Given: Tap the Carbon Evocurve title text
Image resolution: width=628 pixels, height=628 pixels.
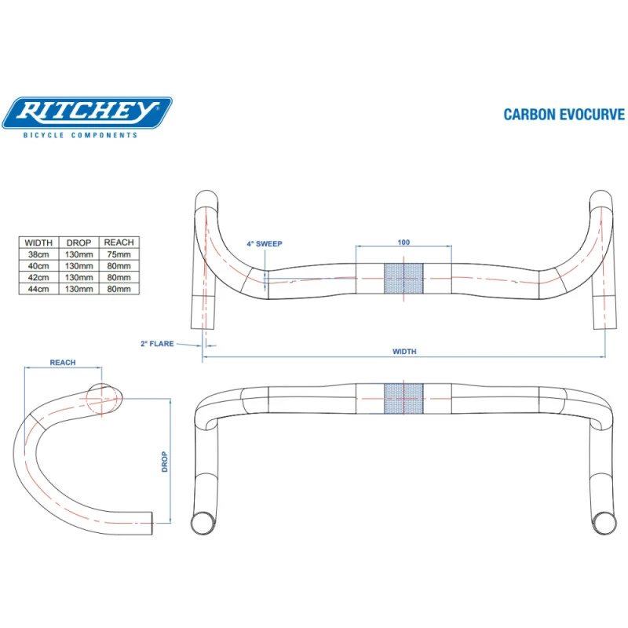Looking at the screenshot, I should [564, 115].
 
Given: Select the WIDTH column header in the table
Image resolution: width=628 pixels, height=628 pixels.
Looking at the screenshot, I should [38, 243].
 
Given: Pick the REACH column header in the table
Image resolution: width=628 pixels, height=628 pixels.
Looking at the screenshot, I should [119, 243].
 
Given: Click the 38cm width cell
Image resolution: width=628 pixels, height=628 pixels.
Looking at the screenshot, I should [38, 254].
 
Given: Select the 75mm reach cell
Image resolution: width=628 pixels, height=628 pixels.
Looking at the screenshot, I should [119, 254].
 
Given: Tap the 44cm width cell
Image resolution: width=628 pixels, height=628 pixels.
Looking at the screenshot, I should [38, 289].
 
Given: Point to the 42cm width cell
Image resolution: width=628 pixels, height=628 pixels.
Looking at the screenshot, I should [38, 277].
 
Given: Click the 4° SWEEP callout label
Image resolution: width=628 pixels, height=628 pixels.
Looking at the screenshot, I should [264, 244].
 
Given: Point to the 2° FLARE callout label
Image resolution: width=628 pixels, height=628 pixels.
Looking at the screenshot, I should [156, 344].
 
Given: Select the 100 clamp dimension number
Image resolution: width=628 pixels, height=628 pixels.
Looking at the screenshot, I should [403, 243].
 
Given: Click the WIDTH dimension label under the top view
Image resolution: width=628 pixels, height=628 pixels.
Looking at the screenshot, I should [404, 352].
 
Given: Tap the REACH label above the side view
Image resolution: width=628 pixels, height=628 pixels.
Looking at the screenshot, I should [63, 363].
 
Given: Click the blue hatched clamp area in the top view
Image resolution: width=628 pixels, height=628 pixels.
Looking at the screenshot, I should [403, 278].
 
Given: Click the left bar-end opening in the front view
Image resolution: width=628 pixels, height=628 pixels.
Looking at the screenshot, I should [203, 520].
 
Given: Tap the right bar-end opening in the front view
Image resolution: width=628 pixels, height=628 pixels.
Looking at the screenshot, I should [605, 520].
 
